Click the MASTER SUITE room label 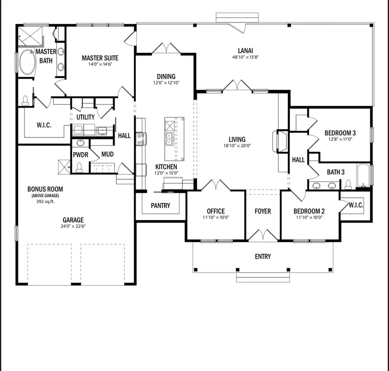tap(100, 58)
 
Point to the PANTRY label tap(160, 206)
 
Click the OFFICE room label tap(216, 211)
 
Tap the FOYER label tap(263, 211)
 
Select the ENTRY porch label tap(263, 256)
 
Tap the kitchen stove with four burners tap(141, 138)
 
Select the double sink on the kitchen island tap(169, 138)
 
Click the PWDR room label tap(80, 154)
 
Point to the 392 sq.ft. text tap(45, 201)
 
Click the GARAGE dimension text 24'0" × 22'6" tap(73, 226)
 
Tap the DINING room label tap(166, 77)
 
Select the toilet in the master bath tap(26, 101)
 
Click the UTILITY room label tap(86, 117)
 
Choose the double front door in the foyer tap(263, 236)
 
